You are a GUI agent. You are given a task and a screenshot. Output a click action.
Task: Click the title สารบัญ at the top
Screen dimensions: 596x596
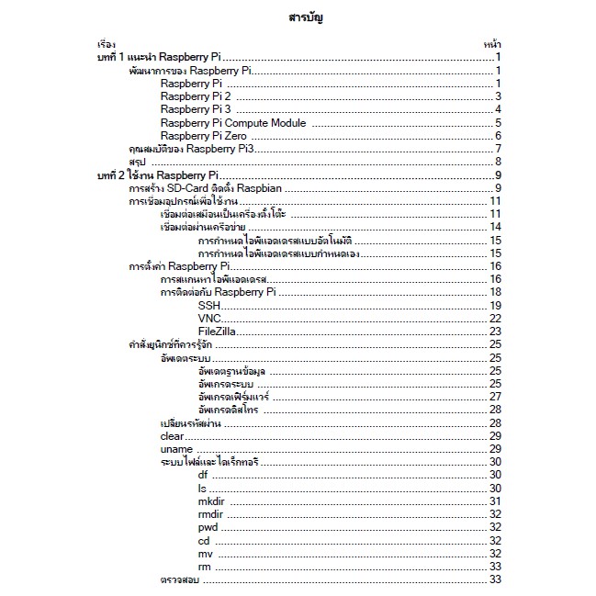pos(305,18)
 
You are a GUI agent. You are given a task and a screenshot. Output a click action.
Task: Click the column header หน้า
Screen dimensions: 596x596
pos(490,44)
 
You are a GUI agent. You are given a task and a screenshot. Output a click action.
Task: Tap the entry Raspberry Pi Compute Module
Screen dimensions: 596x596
pos(233,123)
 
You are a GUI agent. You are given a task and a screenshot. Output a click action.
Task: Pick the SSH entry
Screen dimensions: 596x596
pos(209,305)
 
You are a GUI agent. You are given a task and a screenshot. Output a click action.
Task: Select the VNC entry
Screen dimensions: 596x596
pos(209,318)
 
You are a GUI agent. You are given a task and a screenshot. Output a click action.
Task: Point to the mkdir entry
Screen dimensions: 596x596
pos(211,500)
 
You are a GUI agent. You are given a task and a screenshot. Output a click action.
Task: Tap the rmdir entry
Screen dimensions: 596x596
pos(210,514)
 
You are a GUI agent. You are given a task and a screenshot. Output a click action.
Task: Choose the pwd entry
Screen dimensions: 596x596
pos(208,527)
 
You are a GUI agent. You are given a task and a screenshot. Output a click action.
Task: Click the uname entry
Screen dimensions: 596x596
pos(175,448)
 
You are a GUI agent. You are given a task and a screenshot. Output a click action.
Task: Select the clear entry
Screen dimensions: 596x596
pos(173,435)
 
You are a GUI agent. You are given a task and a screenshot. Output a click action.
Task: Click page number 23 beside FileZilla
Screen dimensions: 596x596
pos(494,332)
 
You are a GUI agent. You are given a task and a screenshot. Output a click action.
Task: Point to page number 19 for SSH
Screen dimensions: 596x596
pos(494,305)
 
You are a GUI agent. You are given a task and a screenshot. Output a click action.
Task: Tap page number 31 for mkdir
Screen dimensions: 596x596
pos(494,500)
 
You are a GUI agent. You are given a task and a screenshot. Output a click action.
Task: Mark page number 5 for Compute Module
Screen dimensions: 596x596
pos(497,123)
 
